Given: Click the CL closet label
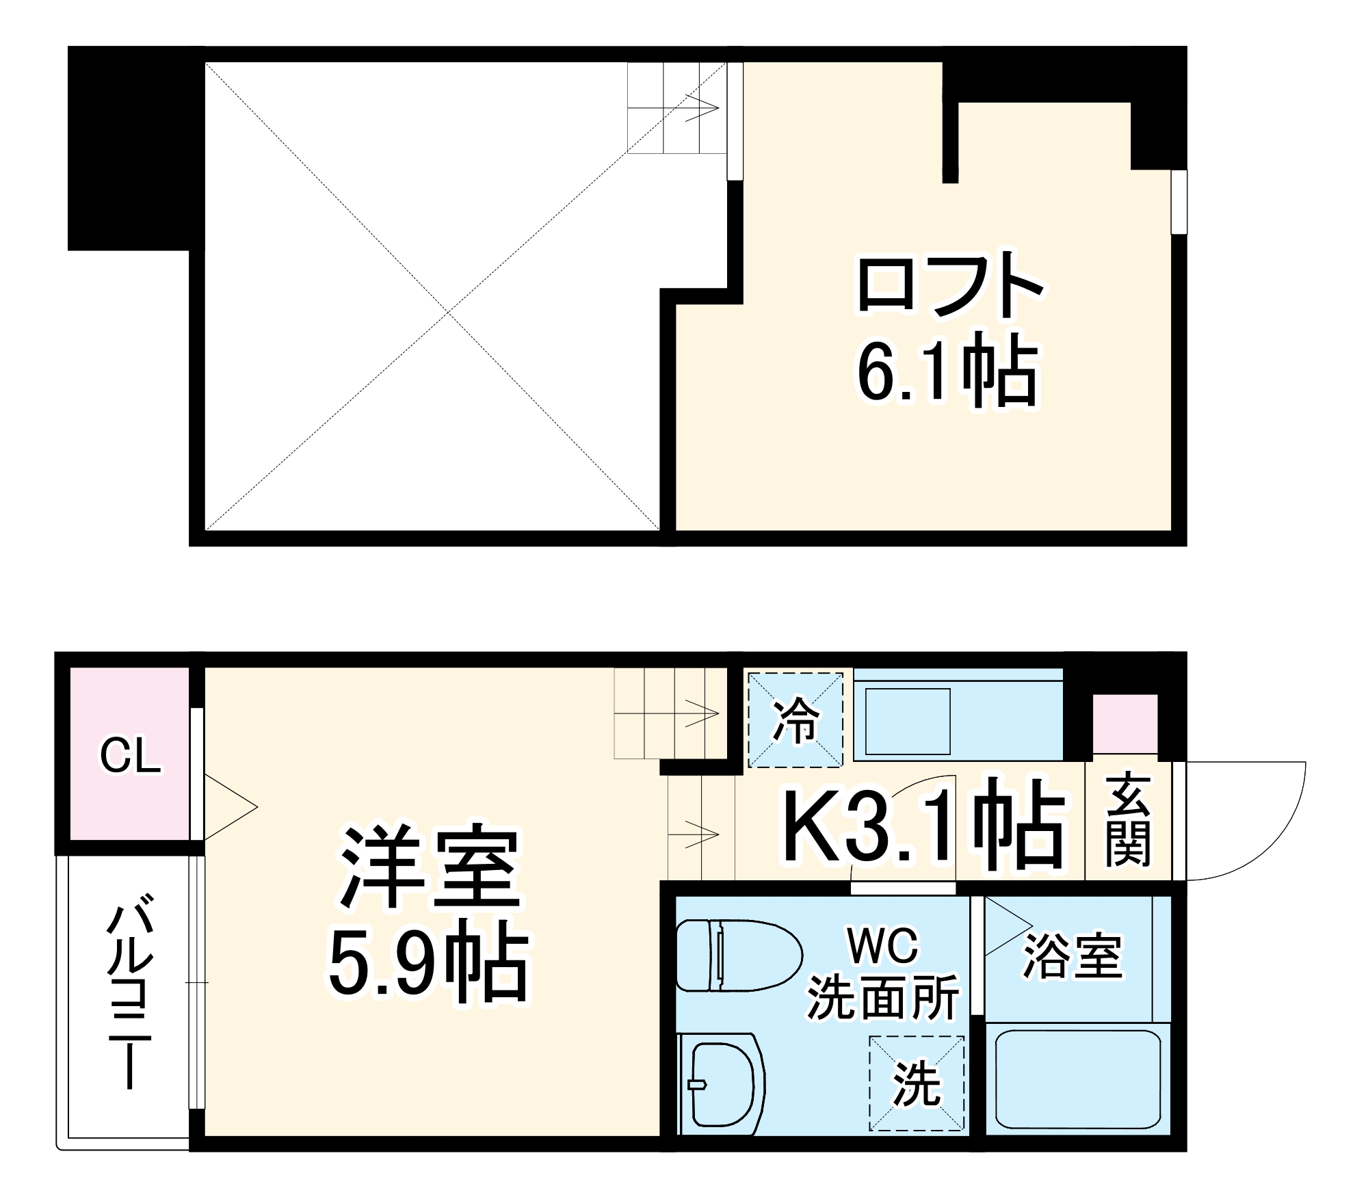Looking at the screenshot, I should click(130, 756).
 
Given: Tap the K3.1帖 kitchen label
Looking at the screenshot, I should click(923, 830).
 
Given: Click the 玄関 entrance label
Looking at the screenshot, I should click(1127, 821).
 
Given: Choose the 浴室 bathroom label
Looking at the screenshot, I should click(1073, 956).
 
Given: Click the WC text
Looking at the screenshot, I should click(883, 946).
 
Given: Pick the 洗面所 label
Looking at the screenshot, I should click(883, 999).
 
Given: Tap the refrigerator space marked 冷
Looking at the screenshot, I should click(795, 720).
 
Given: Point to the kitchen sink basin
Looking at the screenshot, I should click(908, 722).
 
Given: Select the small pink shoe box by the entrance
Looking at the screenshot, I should click(1124, 724).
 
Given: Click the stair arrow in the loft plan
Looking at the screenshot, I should click(701, 108).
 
